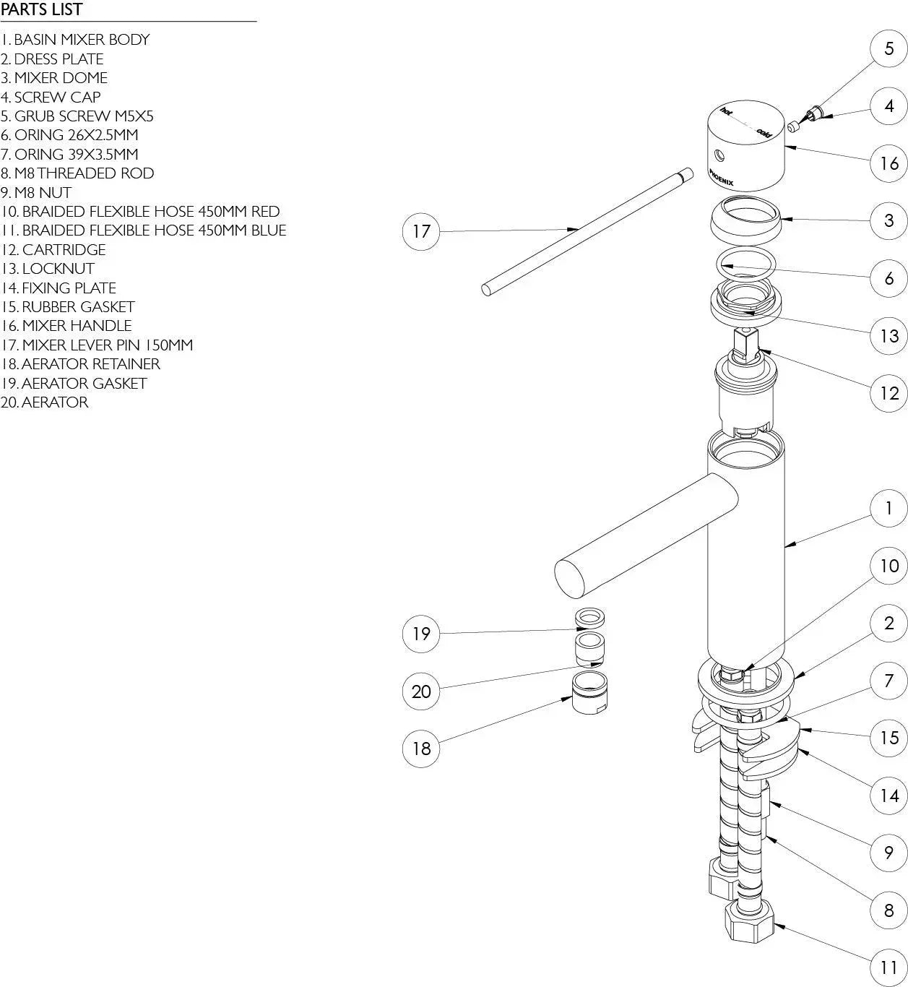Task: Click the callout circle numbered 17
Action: (x=420, y=231)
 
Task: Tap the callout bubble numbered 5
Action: (x=888, y=48)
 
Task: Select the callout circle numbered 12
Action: (x=888, y=393)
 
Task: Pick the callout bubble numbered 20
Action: (x=420, y=691)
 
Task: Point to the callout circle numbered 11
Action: (x=888, y=967)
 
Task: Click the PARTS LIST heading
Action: (x=42, y=10)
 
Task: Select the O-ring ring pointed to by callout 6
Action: (x=746, y=264)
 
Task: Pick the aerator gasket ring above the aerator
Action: (x=589, y=619)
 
